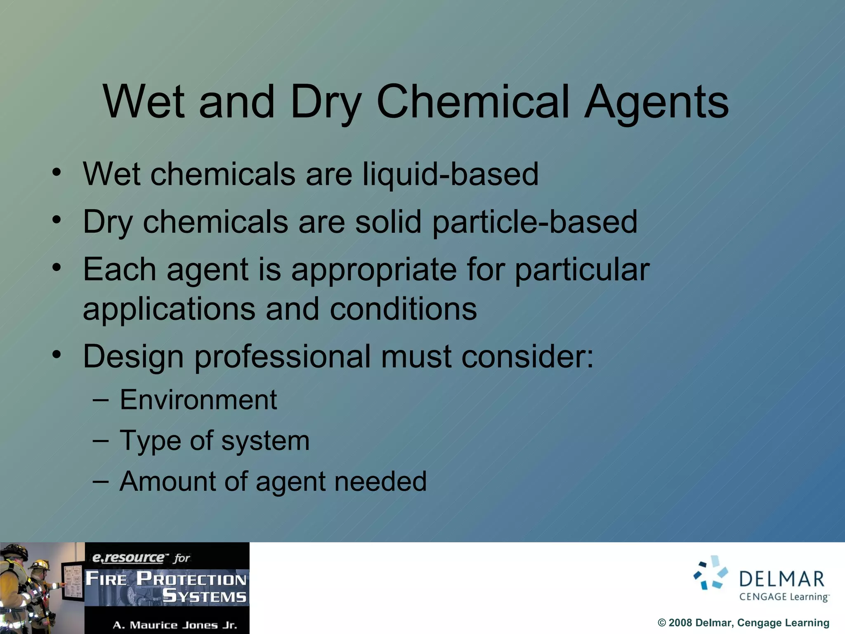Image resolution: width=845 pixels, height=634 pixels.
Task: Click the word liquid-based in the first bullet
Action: (451, 174)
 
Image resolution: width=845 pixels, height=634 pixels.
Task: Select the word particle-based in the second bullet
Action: (535, 222)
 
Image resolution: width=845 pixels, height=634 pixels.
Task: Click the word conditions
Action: (403, 309)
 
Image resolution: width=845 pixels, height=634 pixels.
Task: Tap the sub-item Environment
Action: (198, 400)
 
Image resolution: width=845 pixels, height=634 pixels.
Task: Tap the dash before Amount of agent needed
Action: (101, 481)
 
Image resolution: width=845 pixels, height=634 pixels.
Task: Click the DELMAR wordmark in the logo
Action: (781, 580)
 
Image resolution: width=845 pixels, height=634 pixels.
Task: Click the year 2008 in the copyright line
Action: (680, 623)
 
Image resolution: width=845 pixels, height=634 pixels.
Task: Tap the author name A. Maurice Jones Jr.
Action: (175, 625)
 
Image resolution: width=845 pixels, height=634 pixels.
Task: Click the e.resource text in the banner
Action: (128, 558)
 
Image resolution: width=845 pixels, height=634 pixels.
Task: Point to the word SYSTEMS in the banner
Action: (205, 596)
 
